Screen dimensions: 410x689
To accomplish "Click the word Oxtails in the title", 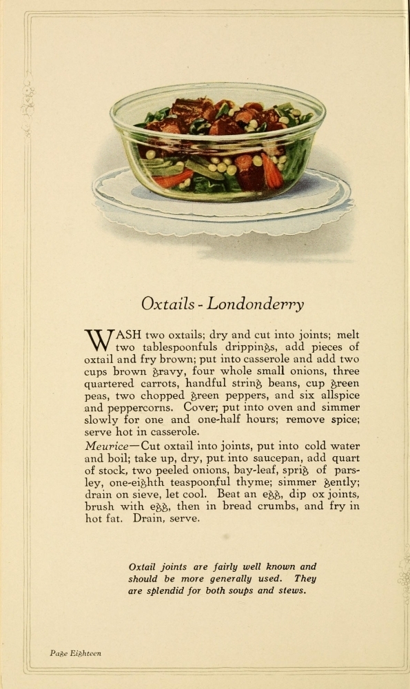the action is [x=167, y=304].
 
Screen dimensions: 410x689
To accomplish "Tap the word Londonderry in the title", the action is [x=256, y=304].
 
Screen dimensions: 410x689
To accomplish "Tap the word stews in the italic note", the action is [x=290, y=591].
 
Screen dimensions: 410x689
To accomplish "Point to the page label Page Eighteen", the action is [x=75, y=653].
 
